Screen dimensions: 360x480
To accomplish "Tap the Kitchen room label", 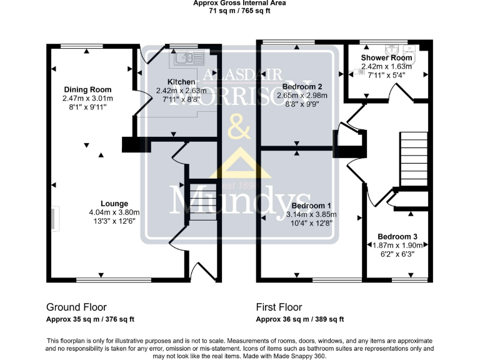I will [181, 82].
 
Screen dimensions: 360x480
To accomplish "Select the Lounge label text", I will [114, 204].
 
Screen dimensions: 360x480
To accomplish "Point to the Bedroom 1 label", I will [311, 206].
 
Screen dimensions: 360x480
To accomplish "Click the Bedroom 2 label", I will [302, 86].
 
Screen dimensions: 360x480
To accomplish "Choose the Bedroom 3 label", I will [397, 237].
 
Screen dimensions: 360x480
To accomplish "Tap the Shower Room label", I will [387, 57].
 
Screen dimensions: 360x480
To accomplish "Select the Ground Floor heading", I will [76, 307].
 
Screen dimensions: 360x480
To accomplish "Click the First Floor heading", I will [279, 307].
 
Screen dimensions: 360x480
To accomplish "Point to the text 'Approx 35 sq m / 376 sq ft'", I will [91, 319].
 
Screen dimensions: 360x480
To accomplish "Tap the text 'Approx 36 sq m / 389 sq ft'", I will [300, 319].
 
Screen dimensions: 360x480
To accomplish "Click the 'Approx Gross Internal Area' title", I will [239, 3].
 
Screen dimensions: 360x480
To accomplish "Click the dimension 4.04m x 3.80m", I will [114, 212].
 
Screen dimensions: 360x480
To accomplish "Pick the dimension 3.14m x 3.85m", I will [311, 214].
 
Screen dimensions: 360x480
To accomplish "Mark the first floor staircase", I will [413, 159].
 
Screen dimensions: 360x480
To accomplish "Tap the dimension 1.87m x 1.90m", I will [397, 246].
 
